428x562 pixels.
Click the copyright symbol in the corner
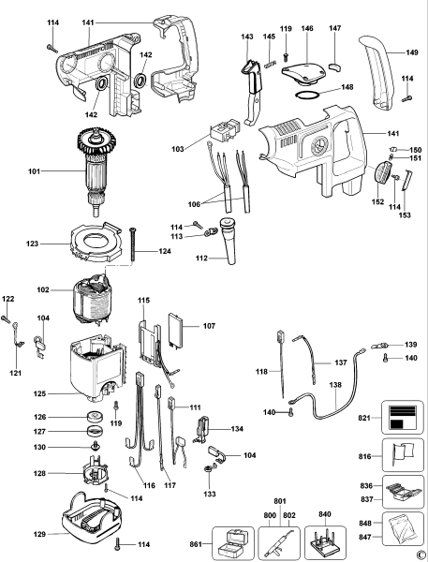pyautogui.click(x=419, y=554)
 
